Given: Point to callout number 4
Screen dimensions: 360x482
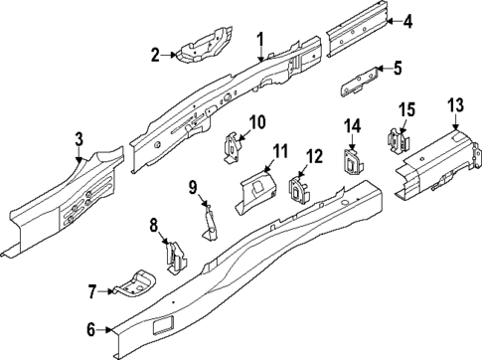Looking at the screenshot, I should coord(407,21).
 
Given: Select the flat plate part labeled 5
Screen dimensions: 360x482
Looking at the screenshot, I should coord(360,80).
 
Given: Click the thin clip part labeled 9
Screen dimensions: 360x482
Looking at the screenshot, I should coord(210,218).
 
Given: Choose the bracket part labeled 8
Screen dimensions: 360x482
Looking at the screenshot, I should coord(174,257).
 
